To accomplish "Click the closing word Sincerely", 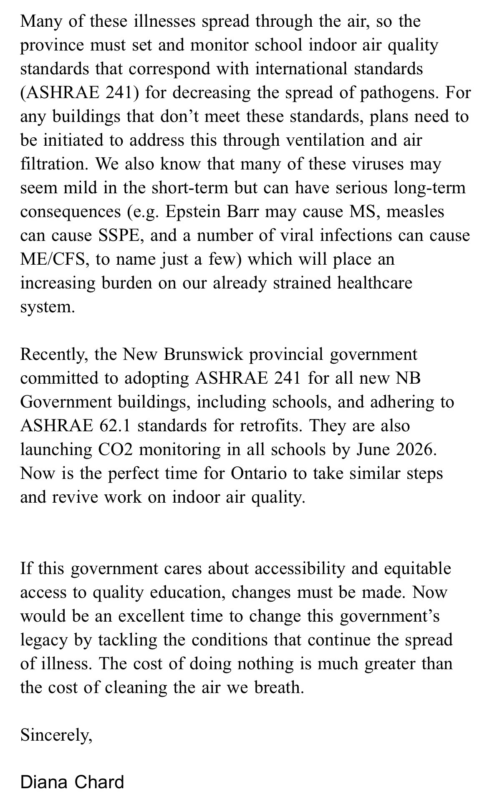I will [x=56, y=735].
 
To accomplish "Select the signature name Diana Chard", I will [x=72, y=770].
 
